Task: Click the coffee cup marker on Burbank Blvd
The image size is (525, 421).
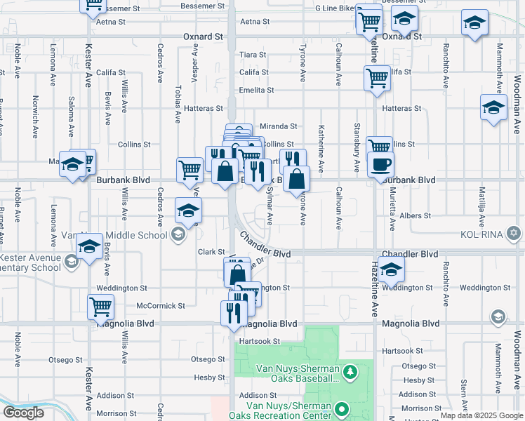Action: point(380,165)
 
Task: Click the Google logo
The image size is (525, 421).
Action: point(23,413)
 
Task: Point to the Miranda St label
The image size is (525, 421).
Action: point(279,126)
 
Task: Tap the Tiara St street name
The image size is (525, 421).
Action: point(252,55)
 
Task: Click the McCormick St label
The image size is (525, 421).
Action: point(160,306)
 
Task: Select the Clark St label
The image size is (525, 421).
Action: point(210,252)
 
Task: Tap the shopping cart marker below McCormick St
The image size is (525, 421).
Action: point(101,307)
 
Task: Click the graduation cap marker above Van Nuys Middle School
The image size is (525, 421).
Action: point(188,209)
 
